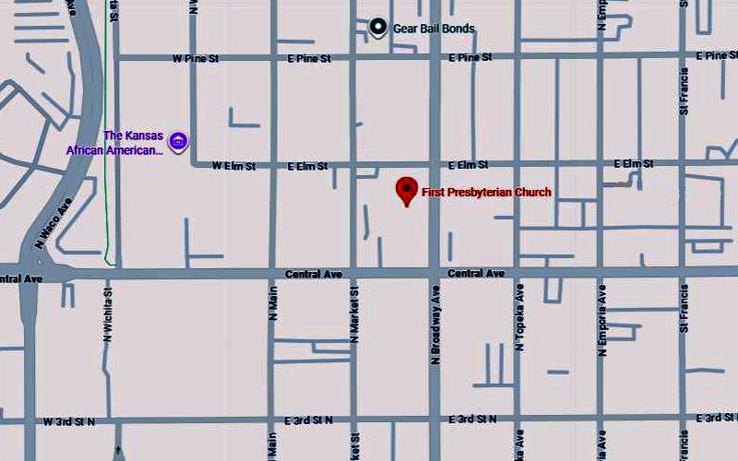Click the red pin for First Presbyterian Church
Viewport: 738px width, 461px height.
click(406, 190)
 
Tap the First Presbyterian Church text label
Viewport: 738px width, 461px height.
click(486, 193)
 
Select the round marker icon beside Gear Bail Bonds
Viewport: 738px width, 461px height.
click(377, 28)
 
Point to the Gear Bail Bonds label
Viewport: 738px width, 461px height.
click(434, 29)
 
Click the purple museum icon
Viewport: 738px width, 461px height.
click(180, 141)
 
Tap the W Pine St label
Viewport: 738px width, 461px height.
click(195, 58)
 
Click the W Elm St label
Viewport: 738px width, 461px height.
click(232, 167)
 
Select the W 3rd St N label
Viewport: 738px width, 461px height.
click(69, 421)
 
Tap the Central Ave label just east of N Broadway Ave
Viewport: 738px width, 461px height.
click(476, 274)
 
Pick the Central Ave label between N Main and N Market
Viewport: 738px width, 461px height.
click(313, 275)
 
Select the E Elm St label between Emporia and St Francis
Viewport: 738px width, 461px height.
click(634, 164)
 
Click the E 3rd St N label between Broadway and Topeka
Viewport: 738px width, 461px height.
click(472, 420)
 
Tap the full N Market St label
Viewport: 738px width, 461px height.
click(354, 313)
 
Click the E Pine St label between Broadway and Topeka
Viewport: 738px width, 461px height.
click(470, 58)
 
